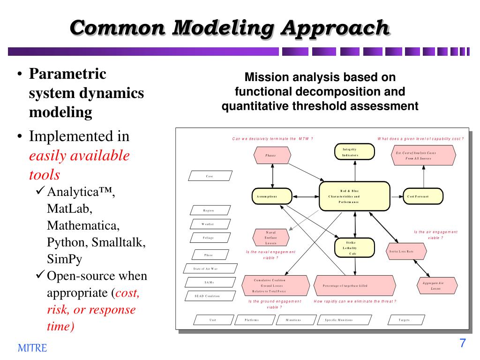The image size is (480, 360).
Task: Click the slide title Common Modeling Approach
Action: pos(230,28)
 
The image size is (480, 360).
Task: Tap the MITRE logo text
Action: pos(32,348)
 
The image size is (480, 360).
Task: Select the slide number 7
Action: pos(462,343)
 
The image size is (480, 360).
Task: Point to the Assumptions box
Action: pos(272,196)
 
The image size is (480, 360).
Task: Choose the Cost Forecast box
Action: pos(423,196)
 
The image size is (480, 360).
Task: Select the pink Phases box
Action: pos(271,155)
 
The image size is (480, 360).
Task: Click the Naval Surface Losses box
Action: pos(271,238)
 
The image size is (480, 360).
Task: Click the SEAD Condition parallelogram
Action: pos(207,296)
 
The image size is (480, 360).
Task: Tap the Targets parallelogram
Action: pos(404,320)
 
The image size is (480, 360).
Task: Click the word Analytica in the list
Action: pos(77,192)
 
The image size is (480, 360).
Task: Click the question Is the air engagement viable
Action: pos(435,235)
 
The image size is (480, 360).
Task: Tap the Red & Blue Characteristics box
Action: pos(355,196)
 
